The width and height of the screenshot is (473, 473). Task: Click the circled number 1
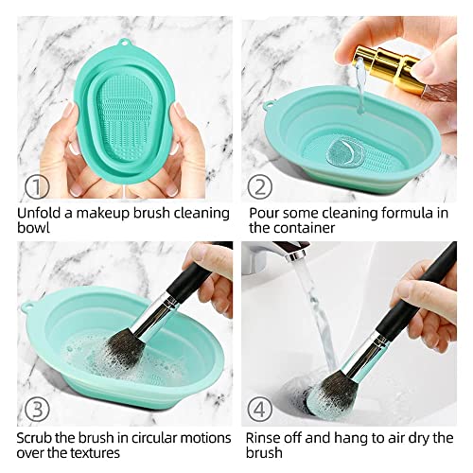tap(34, 185)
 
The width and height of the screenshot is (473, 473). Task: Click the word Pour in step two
tap(266, 211)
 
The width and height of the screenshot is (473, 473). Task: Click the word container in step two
tap(310, 228)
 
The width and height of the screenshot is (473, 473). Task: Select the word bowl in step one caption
tap(36, 228)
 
